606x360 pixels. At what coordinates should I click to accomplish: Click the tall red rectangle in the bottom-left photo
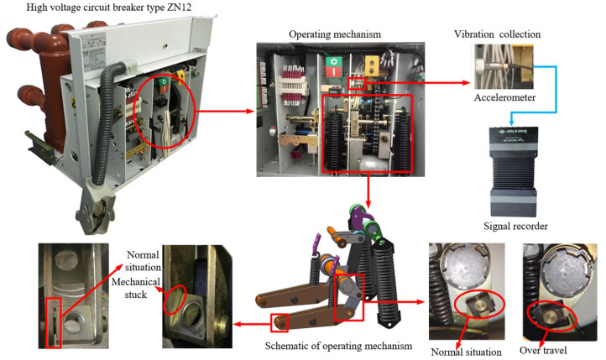pyautogui.click(x=53, y=311)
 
